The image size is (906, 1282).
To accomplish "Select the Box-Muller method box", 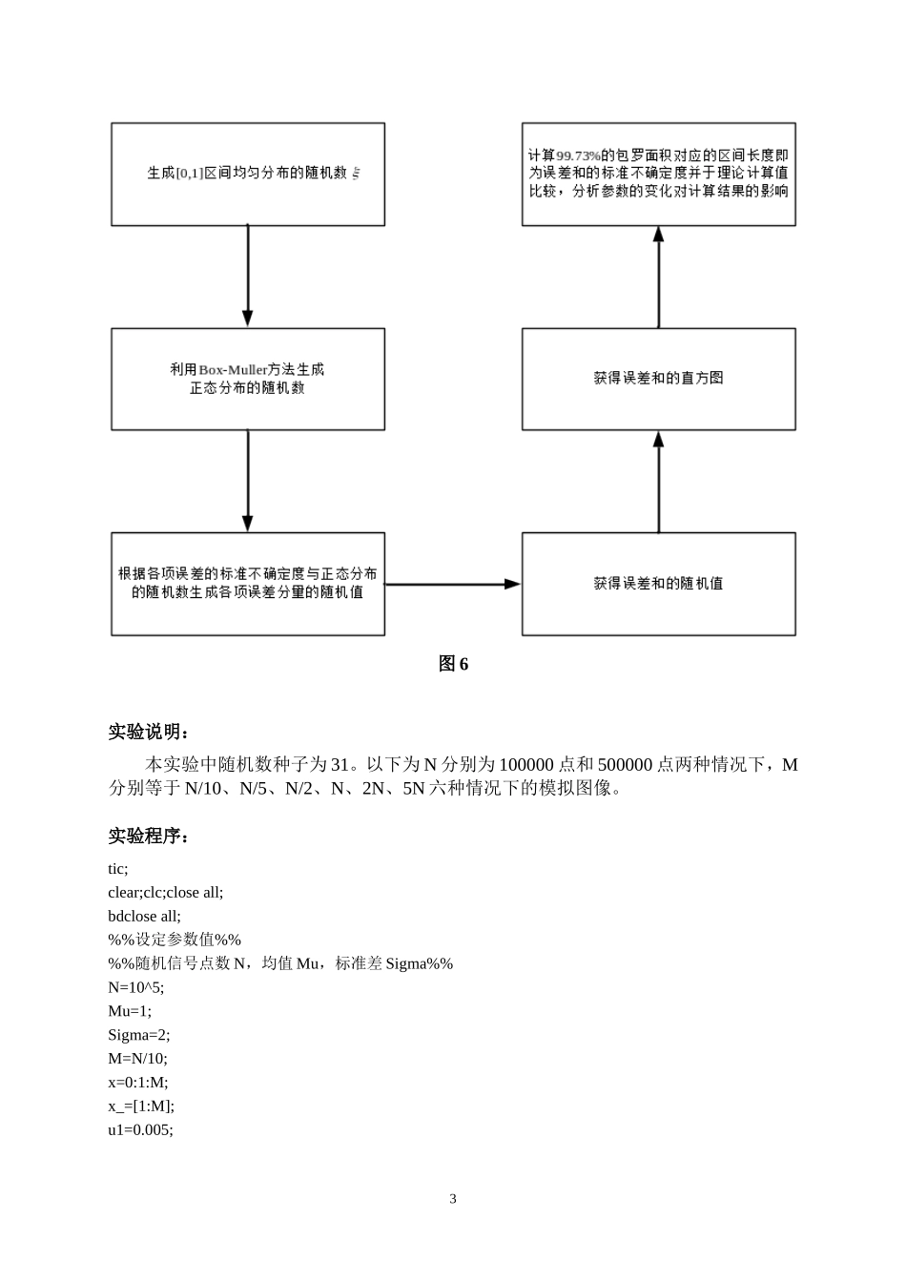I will (248, 379).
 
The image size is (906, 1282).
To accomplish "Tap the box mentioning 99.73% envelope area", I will (658, 174).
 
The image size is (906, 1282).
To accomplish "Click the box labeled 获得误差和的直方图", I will (658, 379).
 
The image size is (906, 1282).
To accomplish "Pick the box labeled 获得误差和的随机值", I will (658, 584).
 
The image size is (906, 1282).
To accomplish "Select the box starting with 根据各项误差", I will (248, 584).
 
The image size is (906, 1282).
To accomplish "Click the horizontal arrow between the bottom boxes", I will (453, 584).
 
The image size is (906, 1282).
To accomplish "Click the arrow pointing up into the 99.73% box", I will (658, 277).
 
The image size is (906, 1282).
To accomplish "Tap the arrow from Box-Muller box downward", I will (248, 481).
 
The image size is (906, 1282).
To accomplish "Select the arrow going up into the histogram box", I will (658, 481).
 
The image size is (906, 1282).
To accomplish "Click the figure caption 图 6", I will (453, 664).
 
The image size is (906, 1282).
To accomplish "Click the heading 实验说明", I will (149, 733).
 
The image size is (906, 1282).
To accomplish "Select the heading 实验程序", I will (149, 837).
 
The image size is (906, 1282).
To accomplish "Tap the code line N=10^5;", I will (135, 987).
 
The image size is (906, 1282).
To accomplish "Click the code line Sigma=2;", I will (139, 1035).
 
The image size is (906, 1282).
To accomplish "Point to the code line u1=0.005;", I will (140, 1129).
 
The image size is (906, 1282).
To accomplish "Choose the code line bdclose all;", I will (144, 916).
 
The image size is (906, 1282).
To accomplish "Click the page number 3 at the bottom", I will (453, 1199).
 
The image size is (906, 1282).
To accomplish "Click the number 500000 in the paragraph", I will (625, 765).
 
